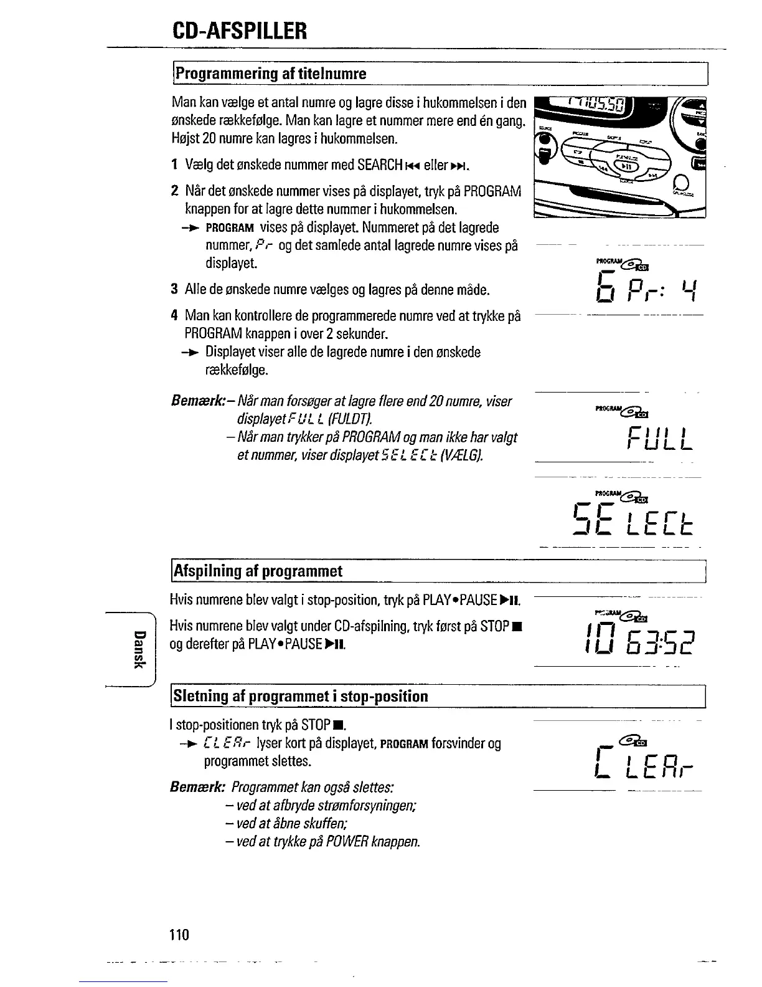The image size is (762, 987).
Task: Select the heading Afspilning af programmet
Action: pos(258,571)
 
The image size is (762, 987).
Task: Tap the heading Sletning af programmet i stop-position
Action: pos(300,696)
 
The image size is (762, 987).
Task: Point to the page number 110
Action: pos(178,935)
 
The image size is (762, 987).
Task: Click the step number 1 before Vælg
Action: pos(175,165)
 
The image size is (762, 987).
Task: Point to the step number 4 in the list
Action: pos(175,316)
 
